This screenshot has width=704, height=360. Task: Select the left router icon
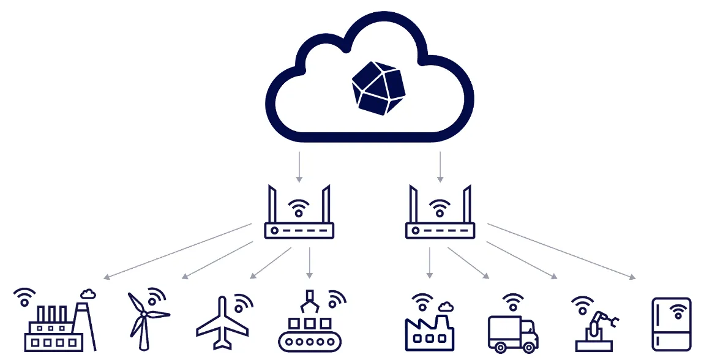[x=299, y=214]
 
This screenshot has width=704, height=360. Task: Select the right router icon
[x=440, y=214]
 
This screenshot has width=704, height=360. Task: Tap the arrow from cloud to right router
[x=440, y=167]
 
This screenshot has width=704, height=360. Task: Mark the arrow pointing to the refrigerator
[x=561, y=252]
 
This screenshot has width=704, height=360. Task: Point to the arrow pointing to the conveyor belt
[x=310, y=262]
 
